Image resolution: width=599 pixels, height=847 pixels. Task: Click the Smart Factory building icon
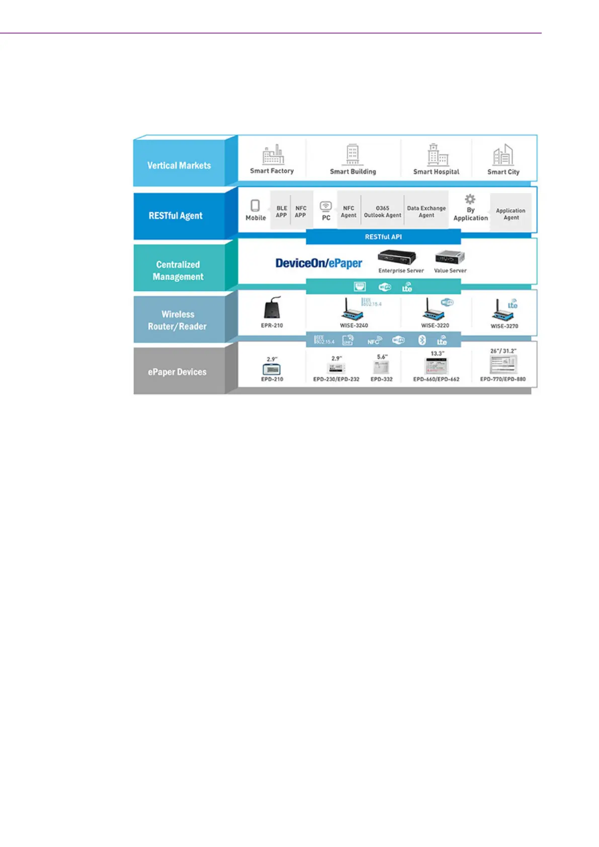point(273,154)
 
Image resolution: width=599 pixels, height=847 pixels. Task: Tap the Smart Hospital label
point(436,172)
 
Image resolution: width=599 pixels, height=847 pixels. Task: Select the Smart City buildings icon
point(503,155)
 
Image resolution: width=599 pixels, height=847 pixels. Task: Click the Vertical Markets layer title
point(179,165)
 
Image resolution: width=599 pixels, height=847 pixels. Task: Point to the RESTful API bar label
point(383,236)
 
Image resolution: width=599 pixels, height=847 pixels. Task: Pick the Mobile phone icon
point(255,205)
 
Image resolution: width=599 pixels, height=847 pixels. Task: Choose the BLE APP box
point(281,211)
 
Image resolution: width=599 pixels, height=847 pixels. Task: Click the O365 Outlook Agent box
point(382,211)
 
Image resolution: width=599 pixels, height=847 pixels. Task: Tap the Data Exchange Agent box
point(426,211)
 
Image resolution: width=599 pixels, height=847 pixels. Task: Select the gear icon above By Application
point(470,199)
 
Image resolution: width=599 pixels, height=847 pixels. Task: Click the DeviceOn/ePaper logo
point(319,263)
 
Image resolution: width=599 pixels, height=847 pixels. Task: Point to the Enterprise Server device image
point(397,257)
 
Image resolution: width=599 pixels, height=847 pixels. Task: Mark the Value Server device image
point(450,257)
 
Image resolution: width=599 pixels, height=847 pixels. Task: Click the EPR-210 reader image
point(272,308)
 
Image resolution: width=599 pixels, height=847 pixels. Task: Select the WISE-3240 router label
point(354,325)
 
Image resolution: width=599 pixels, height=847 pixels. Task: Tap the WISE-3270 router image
point(503,310)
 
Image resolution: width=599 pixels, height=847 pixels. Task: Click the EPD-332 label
point(381,379)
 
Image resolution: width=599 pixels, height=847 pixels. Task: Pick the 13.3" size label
point(438,354)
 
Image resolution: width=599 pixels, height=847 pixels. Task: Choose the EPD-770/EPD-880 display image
point(503,364)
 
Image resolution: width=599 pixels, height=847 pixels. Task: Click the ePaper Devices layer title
point(177,372)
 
